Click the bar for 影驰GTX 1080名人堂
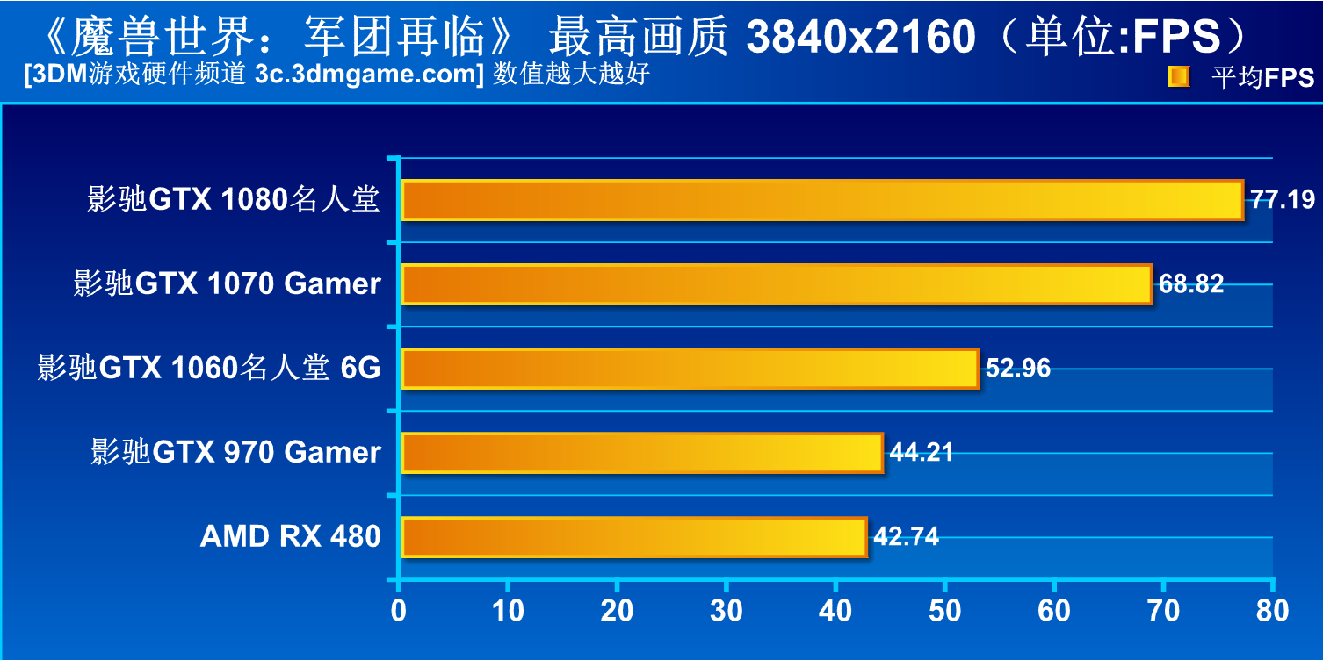pos(822,200)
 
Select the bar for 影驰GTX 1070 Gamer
pos(777,284)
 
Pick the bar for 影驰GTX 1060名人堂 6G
pos(690,369)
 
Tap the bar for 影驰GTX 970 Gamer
pos(642,453)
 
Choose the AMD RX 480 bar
pos(634,537)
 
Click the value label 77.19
pos(1283,200)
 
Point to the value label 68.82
pos(1191,284)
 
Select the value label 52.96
pos(1018,369)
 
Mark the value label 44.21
pos(922,453)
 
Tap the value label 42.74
pos(906,537)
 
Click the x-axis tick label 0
pos(399,611)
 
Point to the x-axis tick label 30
pos(727,611)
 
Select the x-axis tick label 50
pos(945,611)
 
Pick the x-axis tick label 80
pos(1272,611)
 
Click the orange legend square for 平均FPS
pos(1178,77)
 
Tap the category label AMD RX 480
pos(290,536)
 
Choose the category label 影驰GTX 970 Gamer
pos(235,452)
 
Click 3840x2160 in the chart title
pos(861,37)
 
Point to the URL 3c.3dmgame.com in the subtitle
pos(368,75)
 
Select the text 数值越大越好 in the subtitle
pos(571,75)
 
